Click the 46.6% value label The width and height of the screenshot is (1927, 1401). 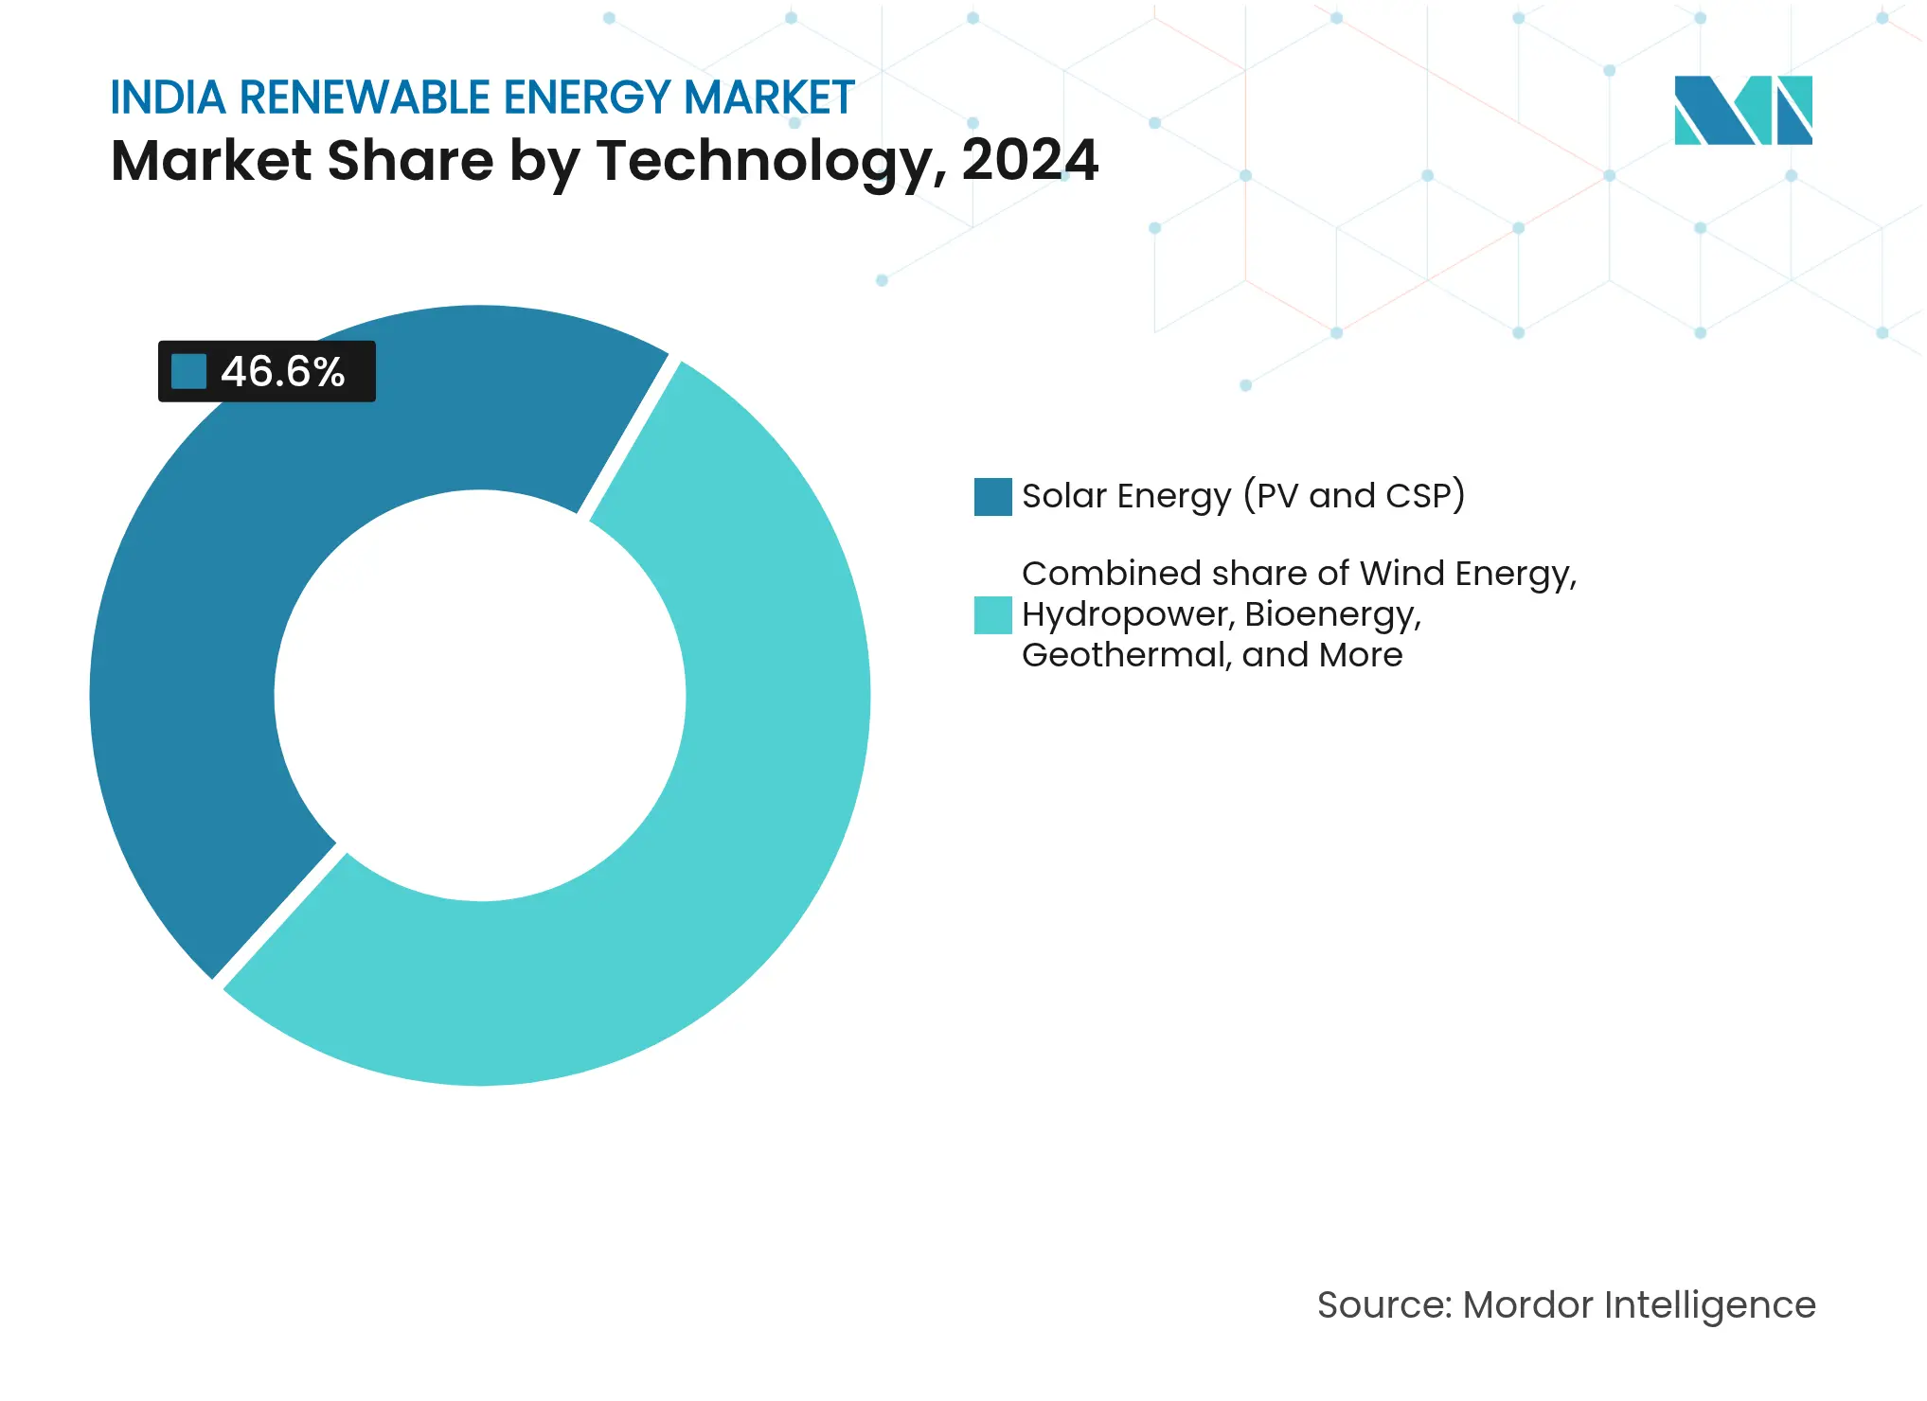tap(282, 372)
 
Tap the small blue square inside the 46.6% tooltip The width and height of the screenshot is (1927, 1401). tap(188, 372)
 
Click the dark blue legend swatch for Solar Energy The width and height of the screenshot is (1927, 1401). tap(992, 497)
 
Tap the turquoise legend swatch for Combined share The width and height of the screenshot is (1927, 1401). tap(992, 615)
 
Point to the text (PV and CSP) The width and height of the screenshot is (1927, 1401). tap(1354, 496)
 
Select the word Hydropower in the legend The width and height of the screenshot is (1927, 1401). tap(1126, 615)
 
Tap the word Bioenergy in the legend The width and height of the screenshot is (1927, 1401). tap(1331, 615)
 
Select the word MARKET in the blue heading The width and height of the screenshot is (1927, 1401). tap(769, 98)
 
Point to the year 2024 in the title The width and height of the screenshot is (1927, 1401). tap(1029, 161)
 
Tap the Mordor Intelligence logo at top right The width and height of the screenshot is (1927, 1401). tap(1742, 111)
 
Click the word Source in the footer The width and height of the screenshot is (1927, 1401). tap(1383, 1305)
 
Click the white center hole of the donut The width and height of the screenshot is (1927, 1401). tap(480, 696)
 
